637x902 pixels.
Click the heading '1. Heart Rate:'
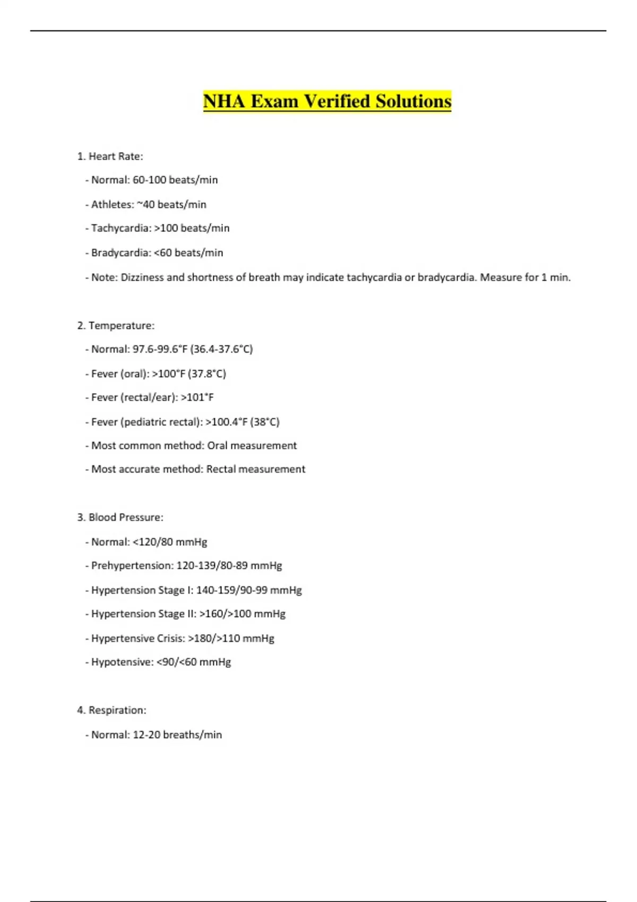(x=110, y=156)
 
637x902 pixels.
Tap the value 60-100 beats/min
(x=175, y=180)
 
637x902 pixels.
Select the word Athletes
(x=112, y=204)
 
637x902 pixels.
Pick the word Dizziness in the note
(x=142, y=277)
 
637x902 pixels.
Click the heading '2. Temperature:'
(x=116, y=325)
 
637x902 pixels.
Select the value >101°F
(x=197, y=397)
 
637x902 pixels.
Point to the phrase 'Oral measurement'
(x=252, y=446)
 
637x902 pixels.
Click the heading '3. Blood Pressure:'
(x=120, y=517)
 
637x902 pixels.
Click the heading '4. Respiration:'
(x=111, y=710)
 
